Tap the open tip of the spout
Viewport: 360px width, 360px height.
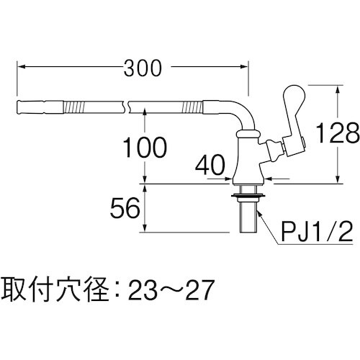tap(17, 108)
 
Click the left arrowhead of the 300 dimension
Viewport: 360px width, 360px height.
tap(19, 68)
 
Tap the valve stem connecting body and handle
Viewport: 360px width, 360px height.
tap(274, 151)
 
